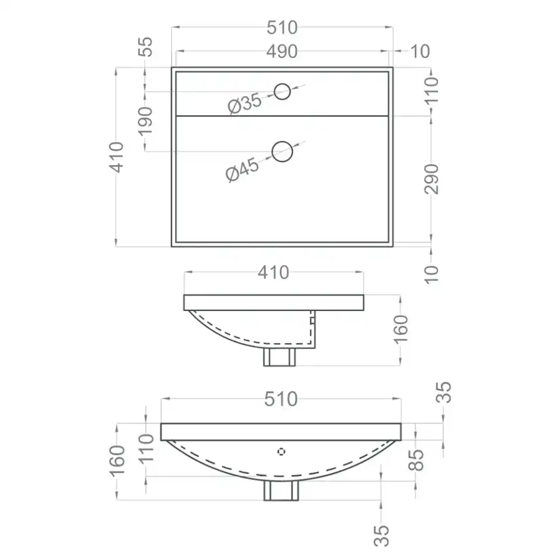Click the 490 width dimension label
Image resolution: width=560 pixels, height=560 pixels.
click(282, 51)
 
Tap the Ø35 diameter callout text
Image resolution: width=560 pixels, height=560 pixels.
click(245, 103)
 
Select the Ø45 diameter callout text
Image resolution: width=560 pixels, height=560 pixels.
click(243, 170)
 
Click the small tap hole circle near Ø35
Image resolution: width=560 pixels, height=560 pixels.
click(282, 92)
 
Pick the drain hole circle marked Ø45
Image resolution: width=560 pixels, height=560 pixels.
click(282, 151)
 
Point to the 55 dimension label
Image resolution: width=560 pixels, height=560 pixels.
click(145, 47)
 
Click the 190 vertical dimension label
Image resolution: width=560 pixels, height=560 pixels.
click(145, 122)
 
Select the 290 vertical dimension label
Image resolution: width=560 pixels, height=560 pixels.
click(431, 179)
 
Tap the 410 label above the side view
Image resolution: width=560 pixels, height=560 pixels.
click(273, 273)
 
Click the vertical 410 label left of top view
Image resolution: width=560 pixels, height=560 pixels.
click(116, 157)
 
